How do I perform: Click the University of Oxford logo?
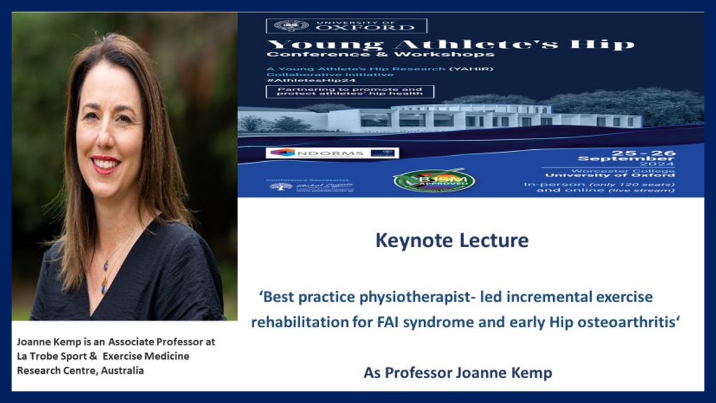pyautogui.click(x=346, y=26)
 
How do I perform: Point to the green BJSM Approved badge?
pyautogui.click(x=434, y=180)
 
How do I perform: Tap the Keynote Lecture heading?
pyautogui.click(x=452, y=241)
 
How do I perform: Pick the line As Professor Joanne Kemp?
pyautogui.click(x=458, y=373)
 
